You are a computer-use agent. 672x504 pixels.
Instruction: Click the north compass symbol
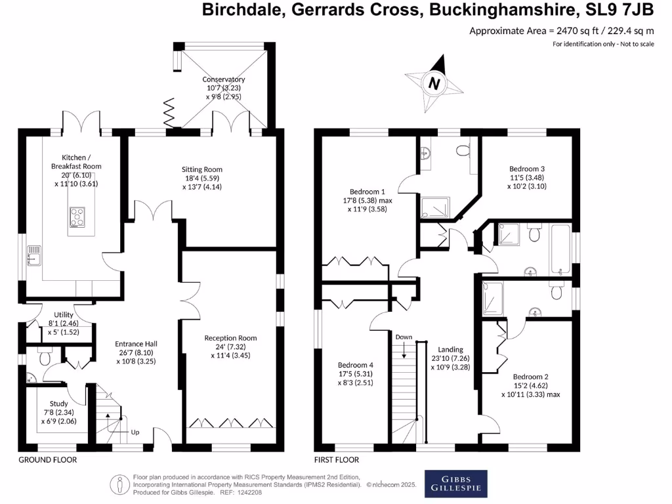(x=433, y=83)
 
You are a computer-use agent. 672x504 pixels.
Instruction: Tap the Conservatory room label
(x=224, y=80)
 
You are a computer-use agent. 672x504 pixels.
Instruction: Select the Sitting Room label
(x=202, y=169)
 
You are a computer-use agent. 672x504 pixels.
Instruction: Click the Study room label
(x=58, y=404)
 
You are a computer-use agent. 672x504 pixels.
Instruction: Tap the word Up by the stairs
(x=135, y=432)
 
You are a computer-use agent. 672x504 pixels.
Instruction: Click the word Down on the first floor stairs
(x=404, y=337)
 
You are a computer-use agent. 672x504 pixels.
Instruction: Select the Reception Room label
(x=230, y=338)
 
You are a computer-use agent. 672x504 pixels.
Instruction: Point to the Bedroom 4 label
(x=356, y=365)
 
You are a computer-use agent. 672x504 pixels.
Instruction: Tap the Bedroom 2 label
(x=530, y=377)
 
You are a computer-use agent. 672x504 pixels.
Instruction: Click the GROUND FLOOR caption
(x=47, y=460)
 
